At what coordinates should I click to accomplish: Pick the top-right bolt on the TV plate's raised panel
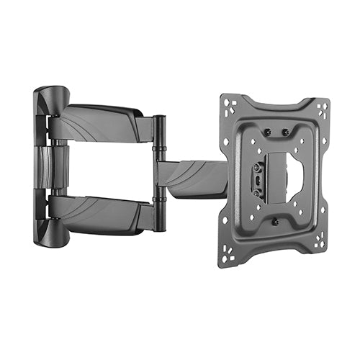pos(286,132)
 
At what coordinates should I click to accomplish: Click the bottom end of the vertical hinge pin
pos(158,227)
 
